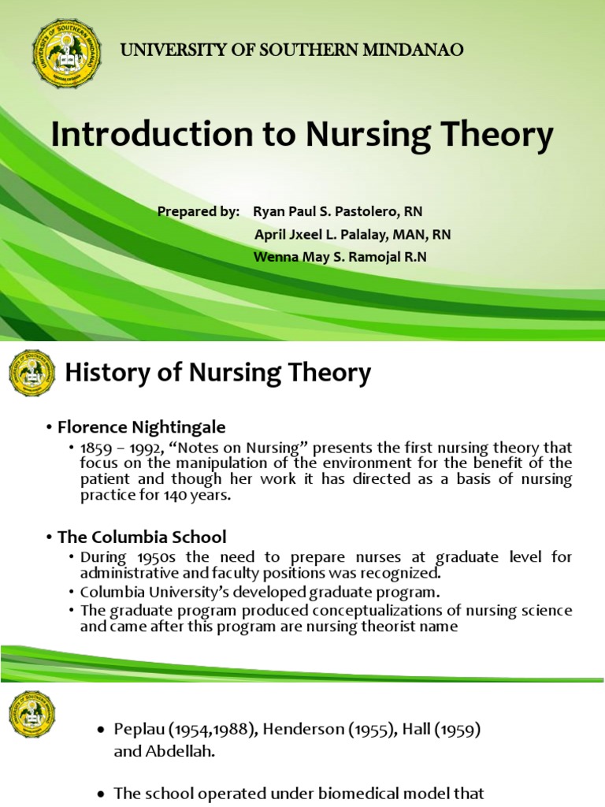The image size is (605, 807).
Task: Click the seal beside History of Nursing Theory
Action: [x=32, y=373]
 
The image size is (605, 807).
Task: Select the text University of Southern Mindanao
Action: [x=291, y=50]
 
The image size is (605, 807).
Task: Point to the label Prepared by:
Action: [x=198, y=212]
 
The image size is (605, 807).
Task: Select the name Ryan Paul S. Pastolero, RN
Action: [x=338, y=212]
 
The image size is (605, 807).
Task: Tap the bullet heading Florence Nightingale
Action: [x=142, y=427]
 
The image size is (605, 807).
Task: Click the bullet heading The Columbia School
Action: [x=142, y=537]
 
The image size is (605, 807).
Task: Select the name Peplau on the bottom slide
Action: [x=139, y=730]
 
